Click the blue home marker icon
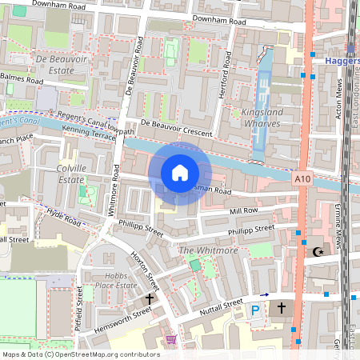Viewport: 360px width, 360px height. coord(180,172)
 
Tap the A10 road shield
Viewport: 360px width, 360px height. coord(302,180)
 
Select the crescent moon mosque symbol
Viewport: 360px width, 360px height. coord(318,252)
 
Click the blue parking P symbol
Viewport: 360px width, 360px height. coord(256,310)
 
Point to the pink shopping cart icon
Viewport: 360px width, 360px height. coord(170,339)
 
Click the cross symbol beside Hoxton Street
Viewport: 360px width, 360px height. coord(149,298)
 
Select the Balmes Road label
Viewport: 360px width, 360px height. coord(22,78)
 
